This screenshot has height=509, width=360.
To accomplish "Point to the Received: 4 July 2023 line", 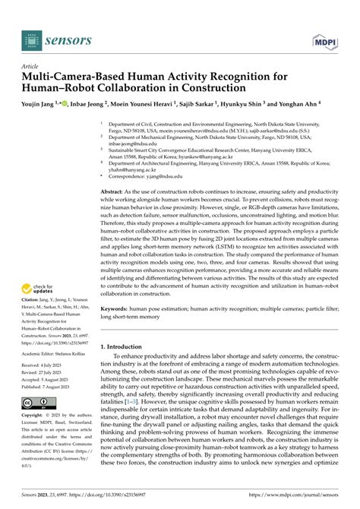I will [x=48, y=365].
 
